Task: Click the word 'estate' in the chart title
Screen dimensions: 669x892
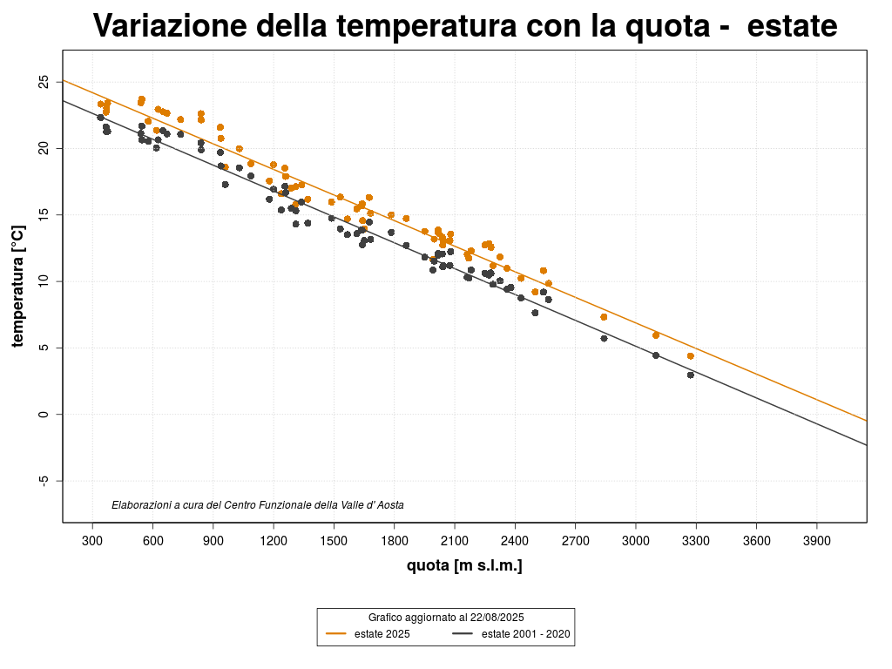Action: [x=792, y=27]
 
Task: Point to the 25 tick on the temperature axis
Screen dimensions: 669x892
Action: [x=44, y=82]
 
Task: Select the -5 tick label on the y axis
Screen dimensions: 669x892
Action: [x=44, y=481]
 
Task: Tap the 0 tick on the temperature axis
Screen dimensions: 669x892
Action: [x=44, y=415]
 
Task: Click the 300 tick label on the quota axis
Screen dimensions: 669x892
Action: [x=93, y=541]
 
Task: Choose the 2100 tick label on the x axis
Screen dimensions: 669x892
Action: [x=455, y=541]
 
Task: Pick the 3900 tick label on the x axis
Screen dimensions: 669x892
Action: [x=816, y=541]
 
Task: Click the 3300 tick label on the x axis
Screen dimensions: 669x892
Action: [x=696, y=541]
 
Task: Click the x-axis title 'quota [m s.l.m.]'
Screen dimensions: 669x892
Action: [x=464, y=566]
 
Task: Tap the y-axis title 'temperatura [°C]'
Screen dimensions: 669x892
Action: [x=17, y=286]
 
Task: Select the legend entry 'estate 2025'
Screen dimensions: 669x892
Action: [x=382, y=634]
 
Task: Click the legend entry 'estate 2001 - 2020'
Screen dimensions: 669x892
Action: [x=525, y=634]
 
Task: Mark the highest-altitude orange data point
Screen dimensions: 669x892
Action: [x=691, y=356]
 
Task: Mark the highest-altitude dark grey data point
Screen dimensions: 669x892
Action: [x=691, y=375]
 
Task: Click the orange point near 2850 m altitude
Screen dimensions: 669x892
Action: [x=604, y=317]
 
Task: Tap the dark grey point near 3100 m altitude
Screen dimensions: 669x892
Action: [x=656, y=355]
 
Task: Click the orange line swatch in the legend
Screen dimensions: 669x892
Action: [x=337, y=634]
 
